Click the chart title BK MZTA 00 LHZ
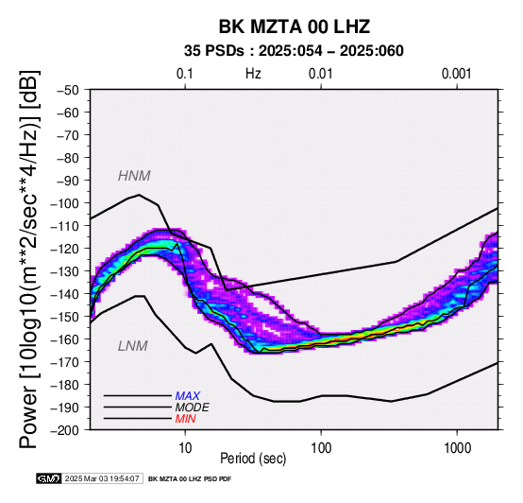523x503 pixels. [x=295, y=26]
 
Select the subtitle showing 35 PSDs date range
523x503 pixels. [x=294, y=51]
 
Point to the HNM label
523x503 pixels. [x=134, y=176]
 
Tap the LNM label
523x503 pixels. [x=133, y=346]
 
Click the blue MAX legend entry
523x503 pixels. [x=188, y=396]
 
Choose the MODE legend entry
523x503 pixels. [x=193, y=408]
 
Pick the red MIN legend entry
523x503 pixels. [x=185, y=419]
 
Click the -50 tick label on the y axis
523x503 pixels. [x=68, y=90]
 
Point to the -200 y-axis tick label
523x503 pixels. [x=65, y=430]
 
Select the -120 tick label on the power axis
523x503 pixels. [x=65, y=249]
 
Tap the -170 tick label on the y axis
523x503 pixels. [x=65, y=362]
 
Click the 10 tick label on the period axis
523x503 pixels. [x=185, y=448]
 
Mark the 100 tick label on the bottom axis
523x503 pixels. [x=321, y=448]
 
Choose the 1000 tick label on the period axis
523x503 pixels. [x=457, y=448]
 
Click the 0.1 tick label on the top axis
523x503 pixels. [x=185, y=74]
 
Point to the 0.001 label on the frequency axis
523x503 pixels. [x=457, y=74]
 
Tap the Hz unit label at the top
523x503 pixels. [x=253, y=74]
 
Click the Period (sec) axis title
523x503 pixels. [x=253, y=459]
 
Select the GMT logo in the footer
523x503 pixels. [x=49, y=478]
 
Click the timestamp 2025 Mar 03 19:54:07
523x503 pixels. [x=102, y=478]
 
